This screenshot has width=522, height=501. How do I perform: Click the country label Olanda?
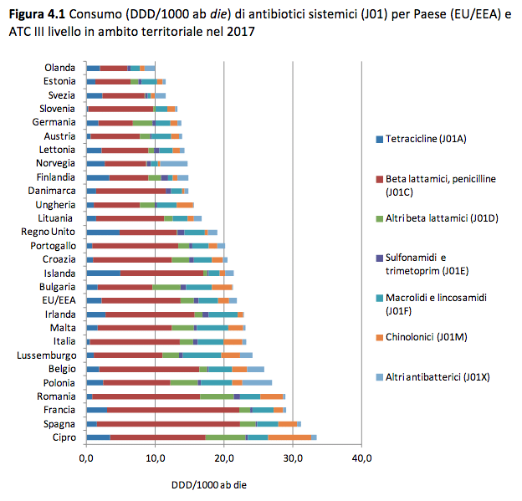click(x=59, y=68)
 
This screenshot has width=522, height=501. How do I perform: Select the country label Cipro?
click(x=64, y=437)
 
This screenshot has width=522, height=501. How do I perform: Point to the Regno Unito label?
click(x=49, y=232)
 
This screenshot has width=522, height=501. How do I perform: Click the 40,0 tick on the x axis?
click(x=361, y=458)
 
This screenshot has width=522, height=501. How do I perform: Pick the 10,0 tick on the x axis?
click(x=155, y=458)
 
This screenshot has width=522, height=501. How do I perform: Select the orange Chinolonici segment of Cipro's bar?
click(x=289, y=437)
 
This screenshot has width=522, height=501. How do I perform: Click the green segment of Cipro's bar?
click(x=226, y=437)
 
